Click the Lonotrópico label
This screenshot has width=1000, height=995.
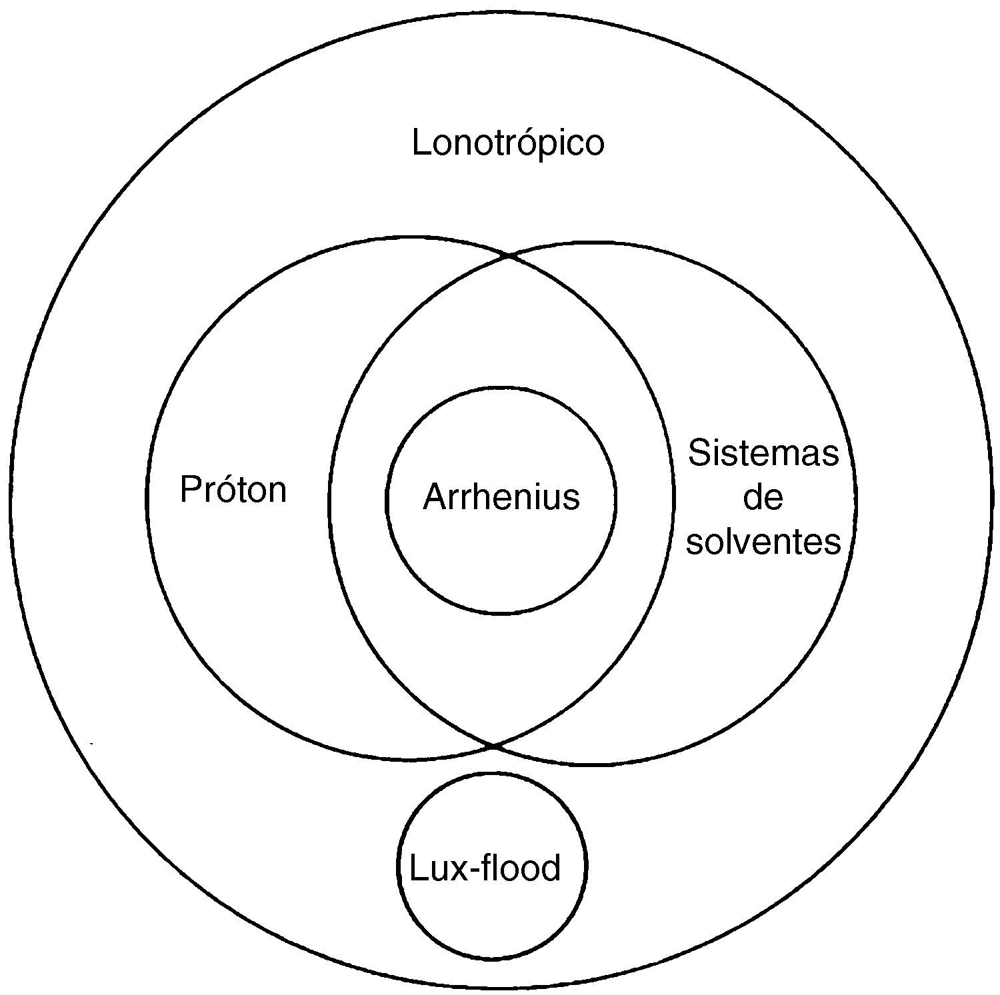pos(508,143)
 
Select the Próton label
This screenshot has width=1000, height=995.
pos(233,490)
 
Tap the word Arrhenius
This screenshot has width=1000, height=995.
pos(501,497)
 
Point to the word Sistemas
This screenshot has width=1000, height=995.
pos(763,453)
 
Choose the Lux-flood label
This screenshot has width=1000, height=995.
pos(485,868)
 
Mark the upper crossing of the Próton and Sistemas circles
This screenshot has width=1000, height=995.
pos(509,255)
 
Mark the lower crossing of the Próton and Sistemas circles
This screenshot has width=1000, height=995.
pos(494,746)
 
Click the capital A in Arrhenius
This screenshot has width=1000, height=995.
pos(435,497)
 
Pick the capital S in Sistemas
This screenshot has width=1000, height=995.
pos(699,453)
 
